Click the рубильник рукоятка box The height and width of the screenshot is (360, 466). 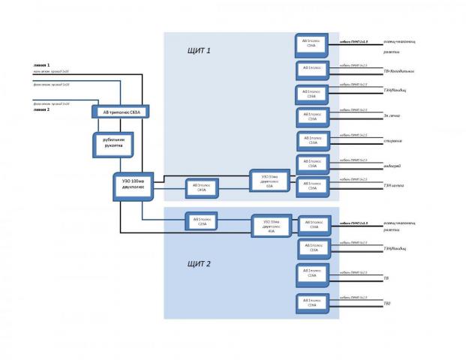click(113, 144)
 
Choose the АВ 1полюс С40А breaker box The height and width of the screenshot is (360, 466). click(200, 188)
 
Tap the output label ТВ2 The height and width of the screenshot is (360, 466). click(387, 303)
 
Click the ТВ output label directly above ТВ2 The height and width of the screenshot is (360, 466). click(386, 278)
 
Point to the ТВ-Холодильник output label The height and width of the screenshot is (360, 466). click(398, 72)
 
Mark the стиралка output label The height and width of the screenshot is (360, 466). click(393, 141)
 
